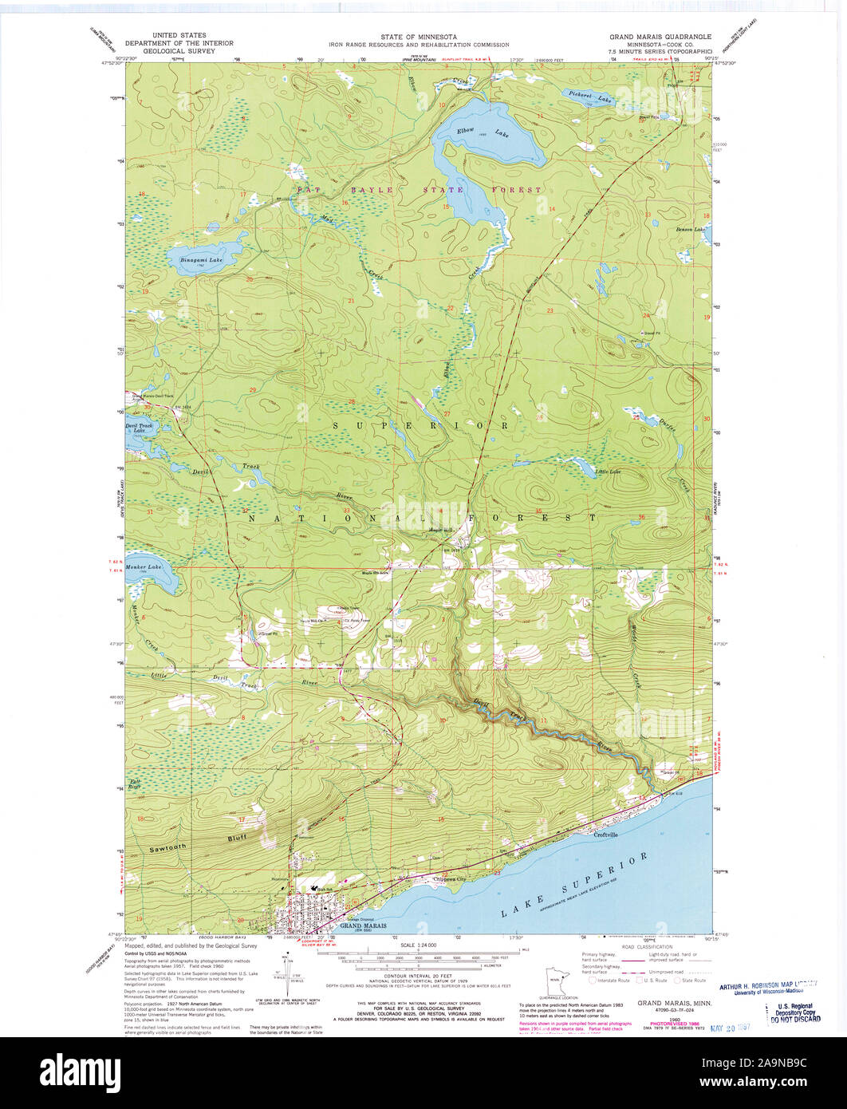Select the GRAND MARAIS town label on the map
362,925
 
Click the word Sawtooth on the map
167,849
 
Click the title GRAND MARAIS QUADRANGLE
653,36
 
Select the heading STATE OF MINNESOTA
423,37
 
